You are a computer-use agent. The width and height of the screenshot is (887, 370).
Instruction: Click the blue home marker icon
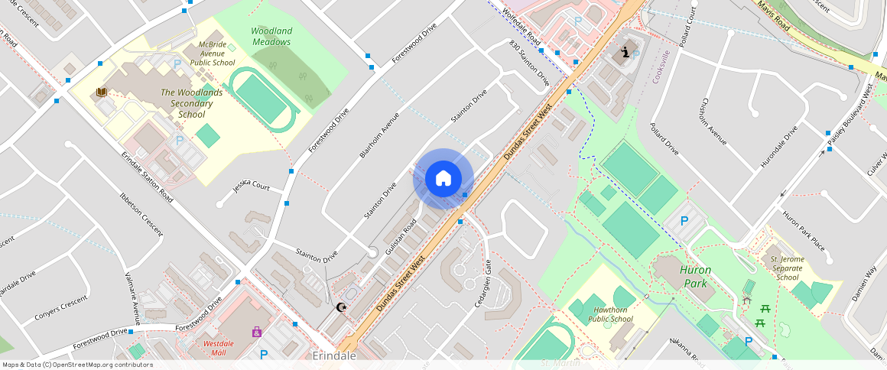[443, 179]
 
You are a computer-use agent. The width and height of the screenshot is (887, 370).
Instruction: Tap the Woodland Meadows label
[271, 37]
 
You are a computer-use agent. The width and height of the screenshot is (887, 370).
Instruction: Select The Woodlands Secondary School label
[192, 103]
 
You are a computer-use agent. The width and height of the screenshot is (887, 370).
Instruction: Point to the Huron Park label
[695, 277]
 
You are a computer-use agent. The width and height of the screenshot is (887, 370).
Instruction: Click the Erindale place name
[335, 356]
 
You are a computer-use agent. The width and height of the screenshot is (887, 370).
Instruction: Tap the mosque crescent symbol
[342, 307]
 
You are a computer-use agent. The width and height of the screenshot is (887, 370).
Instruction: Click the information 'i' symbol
[628, 53]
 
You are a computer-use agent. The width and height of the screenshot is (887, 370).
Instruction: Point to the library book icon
[101, 92]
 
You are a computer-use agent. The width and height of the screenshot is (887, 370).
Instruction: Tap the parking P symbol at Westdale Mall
[264, 354]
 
